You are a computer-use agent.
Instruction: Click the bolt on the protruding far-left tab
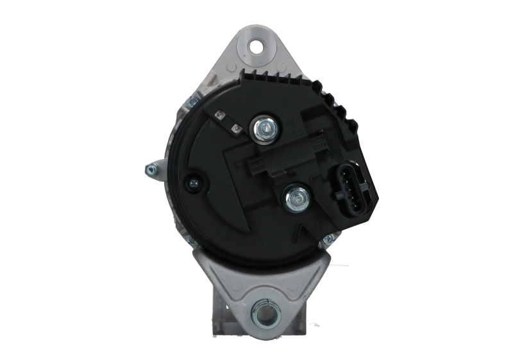(151, 169)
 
